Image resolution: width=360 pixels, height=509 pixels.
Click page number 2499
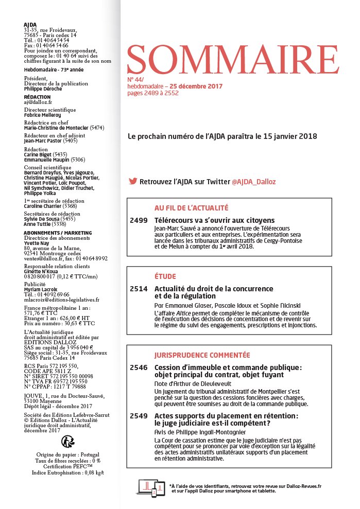[x=139, y=220]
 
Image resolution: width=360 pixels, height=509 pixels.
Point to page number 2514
[x=139, y=289]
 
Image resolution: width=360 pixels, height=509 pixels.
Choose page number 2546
[x=139, y=367]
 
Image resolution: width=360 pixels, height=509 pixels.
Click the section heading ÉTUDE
[x=165, y=276]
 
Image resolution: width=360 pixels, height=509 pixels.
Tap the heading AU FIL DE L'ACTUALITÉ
[x=191, y=208]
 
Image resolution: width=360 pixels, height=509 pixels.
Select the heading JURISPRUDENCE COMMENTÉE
[x=202, y=355]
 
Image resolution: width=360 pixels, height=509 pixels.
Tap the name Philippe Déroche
[x=43, y=89]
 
